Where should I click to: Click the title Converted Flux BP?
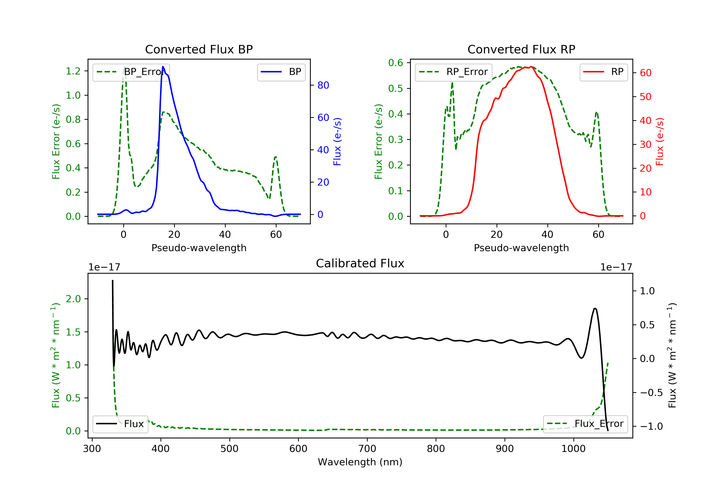point(199,49)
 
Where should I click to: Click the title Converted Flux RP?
point(521,49)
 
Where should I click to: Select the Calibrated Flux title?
point(360,263)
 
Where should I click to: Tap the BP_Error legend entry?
point(131,72)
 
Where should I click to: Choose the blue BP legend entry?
point(281,72)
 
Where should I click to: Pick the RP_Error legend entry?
point(453,72)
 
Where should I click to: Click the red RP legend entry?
point(603,72)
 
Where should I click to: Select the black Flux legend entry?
point(120,424)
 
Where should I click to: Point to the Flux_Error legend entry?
point(585,424)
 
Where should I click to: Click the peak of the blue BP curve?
point(163,67)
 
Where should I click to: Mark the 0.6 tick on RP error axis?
point(396,63)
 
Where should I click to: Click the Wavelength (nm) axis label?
point(360,462)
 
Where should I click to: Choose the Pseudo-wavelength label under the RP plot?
point(521,248)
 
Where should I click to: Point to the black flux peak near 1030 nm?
point(595,309)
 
